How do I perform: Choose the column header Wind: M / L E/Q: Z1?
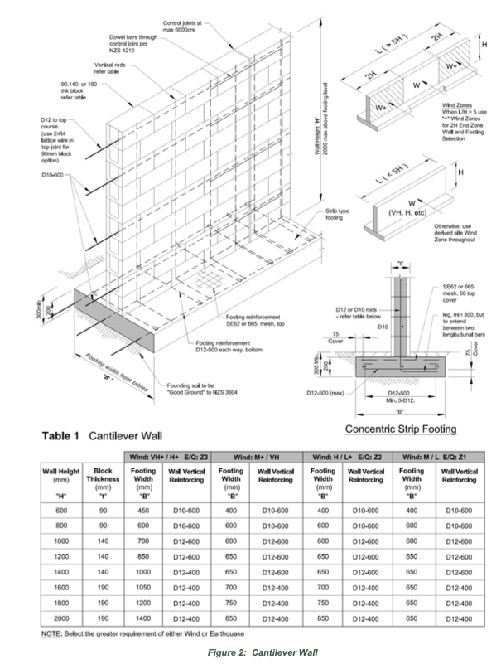[x=438, y=455]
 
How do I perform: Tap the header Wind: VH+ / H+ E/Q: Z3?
[x=170, y=455]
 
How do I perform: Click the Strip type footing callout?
[x=339, y=213]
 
